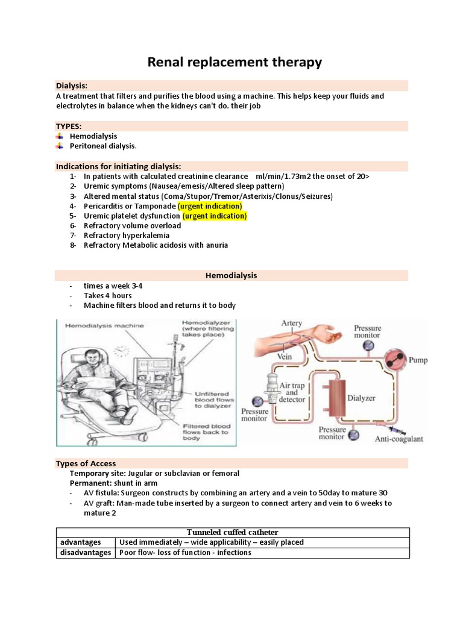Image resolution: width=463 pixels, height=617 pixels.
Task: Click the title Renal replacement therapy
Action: coord(235,62)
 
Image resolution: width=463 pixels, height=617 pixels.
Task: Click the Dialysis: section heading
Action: coord(72,86)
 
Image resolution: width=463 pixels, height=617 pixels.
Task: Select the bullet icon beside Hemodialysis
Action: coord(59,137)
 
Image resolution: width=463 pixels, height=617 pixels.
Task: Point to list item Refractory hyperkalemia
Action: coord(127,236)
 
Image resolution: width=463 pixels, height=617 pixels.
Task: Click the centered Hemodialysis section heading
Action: coord(231,275)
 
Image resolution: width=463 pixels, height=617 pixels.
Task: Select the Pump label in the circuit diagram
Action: coord(418,360)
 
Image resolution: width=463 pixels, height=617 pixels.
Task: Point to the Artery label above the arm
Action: coord(292,324)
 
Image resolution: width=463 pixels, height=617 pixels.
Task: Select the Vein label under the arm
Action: coord(284,357)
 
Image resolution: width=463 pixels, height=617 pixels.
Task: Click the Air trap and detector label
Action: coord(292,393)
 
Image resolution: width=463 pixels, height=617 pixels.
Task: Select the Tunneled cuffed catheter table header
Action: coord(232,532)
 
